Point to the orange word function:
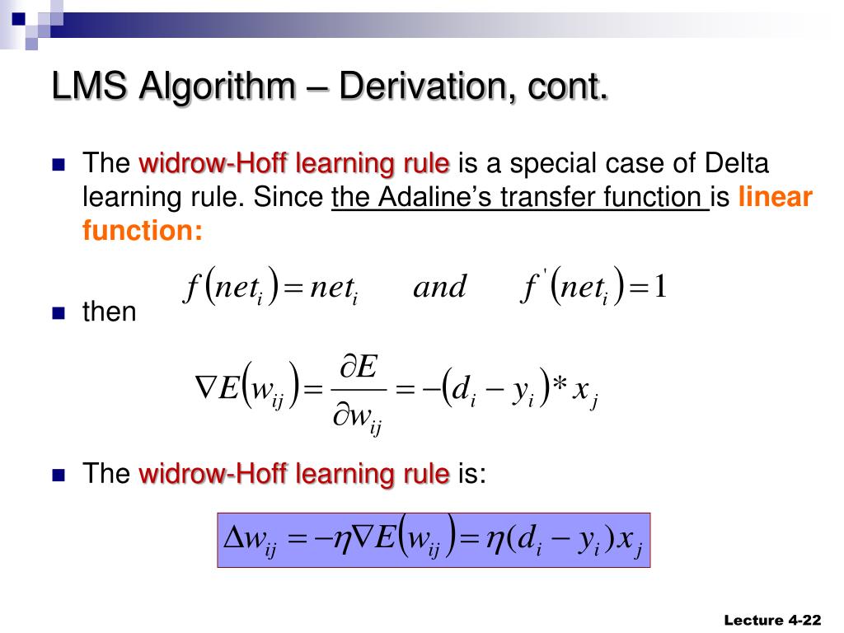tap(142, 231)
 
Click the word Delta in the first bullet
tap(736, 164)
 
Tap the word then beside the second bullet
tap(110, 312)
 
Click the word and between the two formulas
tap(439, 288)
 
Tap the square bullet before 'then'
tap(58, 312)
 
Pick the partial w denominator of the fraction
tap(357, 419)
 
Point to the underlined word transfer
tap(554, 198)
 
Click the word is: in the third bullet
tap(471, 474)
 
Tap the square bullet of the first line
tap(58, 164)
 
